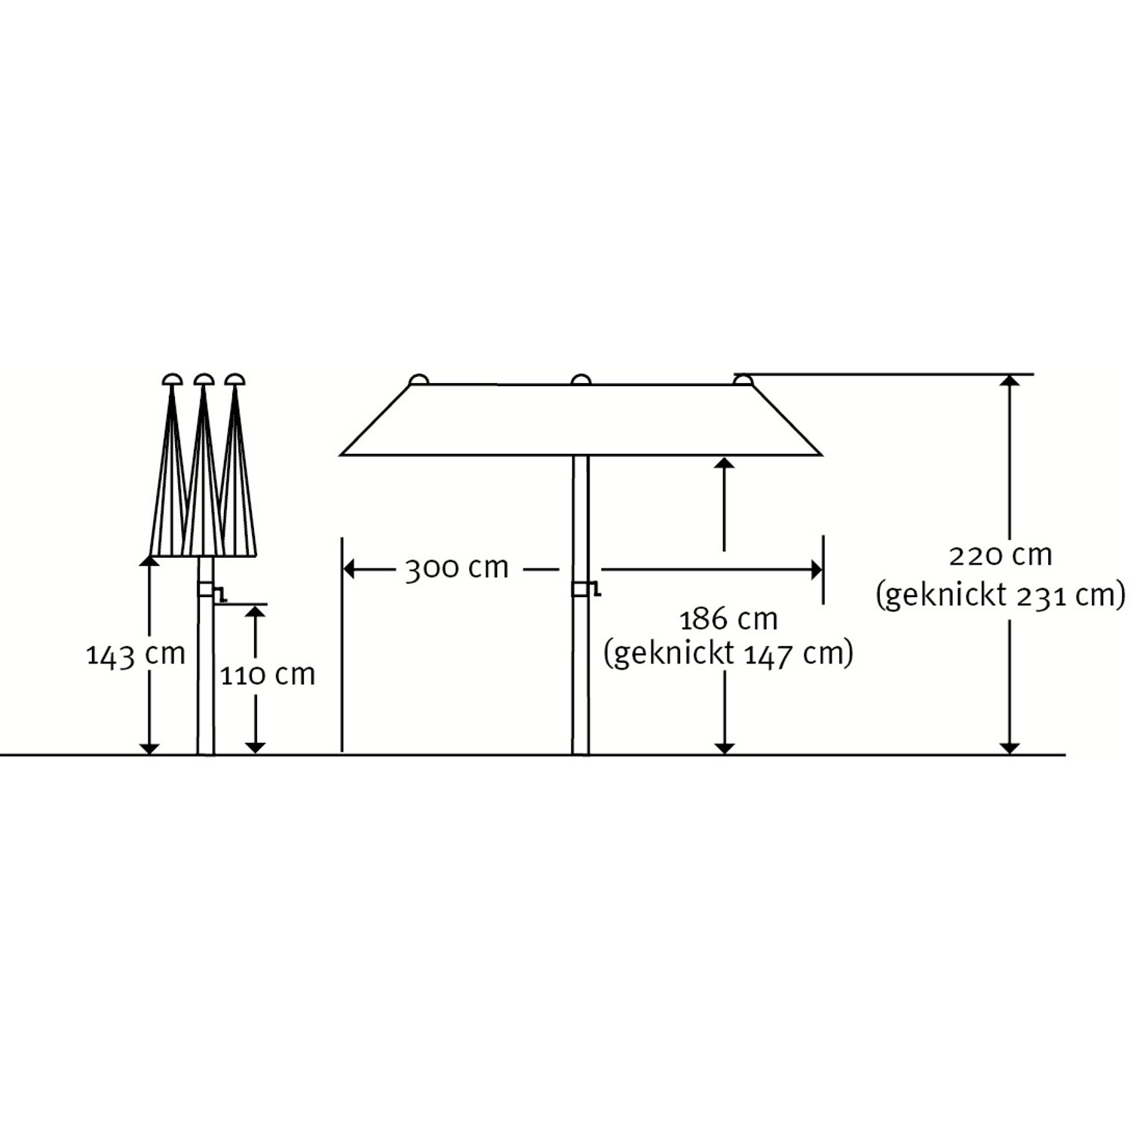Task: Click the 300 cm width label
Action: coord(457,568)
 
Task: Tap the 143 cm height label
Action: coord(136,654)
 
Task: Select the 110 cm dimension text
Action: coord(268,674)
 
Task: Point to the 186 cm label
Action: coord(728,620)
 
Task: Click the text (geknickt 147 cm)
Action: coord(728,653)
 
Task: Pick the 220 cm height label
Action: coord(1000,556)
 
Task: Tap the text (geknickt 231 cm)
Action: coord(1000,595)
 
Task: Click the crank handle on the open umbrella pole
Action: coord(587,589)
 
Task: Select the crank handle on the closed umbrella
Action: coord(212,593)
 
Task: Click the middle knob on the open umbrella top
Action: coord(581,379)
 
